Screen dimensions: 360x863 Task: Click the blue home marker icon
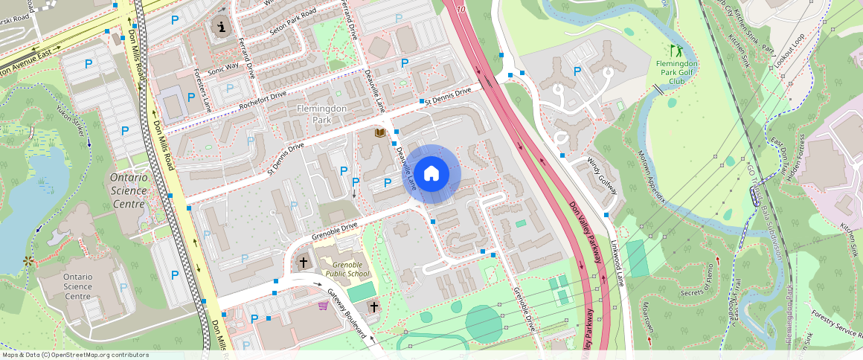[431, 174]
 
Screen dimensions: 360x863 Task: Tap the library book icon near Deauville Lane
[380, 133]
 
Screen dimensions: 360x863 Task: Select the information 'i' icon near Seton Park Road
[221, 28]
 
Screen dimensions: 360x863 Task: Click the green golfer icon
[676, 51]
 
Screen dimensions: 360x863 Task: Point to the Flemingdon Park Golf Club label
[676, 72]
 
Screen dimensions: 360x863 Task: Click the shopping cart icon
[323, 306]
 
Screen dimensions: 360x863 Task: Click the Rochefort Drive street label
[263, 101]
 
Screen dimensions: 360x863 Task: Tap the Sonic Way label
[223, 67]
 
